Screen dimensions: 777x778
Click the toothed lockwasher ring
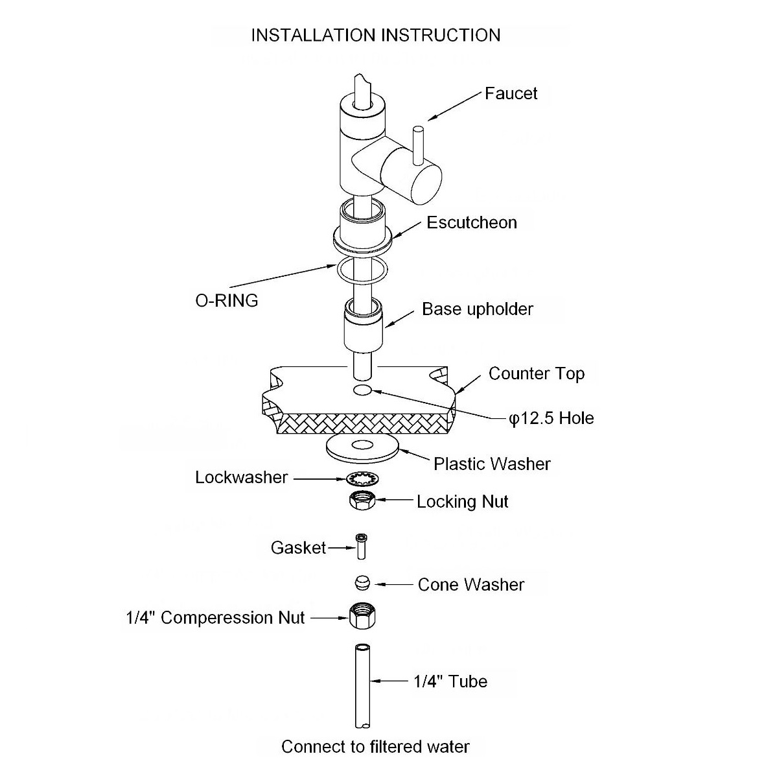(x=362, y=479)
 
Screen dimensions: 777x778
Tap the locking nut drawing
(x=362, y=501)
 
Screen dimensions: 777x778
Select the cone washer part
(x=362, y=583)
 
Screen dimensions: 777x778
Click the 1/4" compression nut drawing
(x=362, y=616)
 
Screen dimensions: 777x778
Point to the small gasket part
(x=361, y=547)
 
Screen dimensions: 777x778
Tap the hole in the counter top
(x=362, y=390)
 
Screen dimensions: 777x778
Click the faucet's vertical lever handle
(x=418, y=145)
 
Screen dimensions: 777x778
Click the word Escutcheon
(x=471, y=222)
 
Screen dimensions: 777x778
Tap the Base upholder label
(x=478, y=309)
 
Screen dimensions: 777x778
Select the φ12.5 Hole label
(x=551, y=418)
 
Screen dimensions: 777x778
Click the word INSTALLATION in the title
(x=313, y=35)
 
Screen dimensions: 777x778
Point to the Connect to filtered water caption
(x=375, y=747)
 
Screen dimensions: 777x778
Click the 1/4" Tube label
(x=450, y=681)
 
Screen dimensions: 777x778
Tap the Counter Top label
(x=537, y=374)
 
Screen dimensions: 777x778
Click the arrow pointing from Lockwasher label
(x=320, y=479)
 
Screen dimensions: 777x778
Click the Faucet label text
(x=511, y=93)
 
